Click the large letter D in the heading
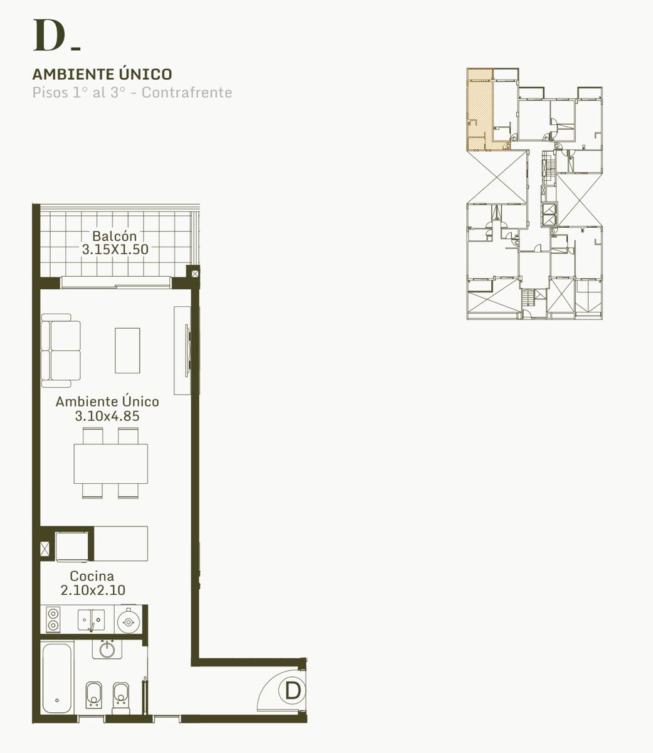point(49,35)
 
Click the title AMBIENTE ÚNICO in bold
point(102,74)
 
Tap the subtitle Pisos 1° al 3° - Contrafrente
point(132,92)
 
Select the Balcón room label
point(114,236)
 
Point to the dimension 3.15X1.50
point(115,250)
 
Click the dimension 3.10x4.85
point(107,416)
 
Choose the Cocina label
point(92,576)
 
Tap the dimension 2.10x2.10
point(93,590)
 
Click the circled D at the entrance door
point(293,691)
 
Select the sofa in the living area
point(61,351)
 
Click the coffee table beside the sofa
point(127,351)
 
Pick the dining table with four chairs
point(111,463)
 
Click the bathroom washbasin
point(107,650)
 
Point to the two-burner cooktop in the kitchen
point(53,619)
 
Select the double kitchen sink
point(91,620)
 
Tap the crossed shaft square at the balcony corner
point(195,274)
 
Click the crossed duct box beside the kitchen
point(45,549)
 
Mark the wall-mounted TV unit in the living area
point(183,350)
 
